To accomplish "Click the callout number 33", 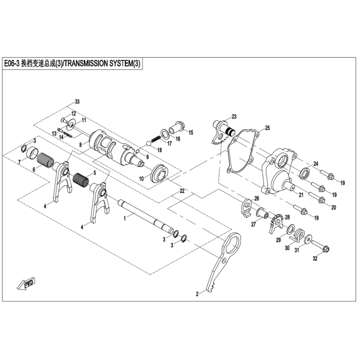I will point(78,101).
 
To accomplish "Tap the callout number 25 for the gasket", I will point(267,128).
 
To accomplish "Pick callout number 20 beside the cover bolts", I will point(333,207).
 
